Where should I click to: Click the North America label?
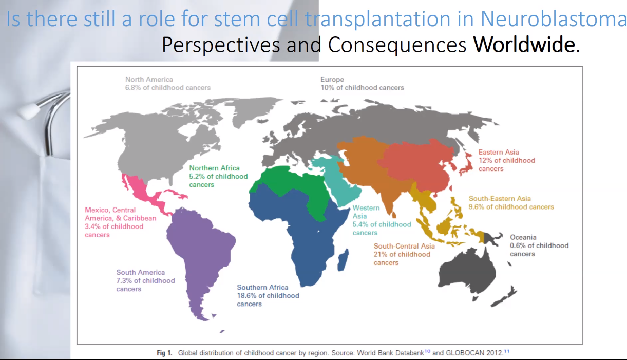pos(168,83)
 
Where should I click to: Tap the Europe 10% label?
pos(362,83)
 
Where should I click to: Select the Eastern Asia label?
pos(507,160)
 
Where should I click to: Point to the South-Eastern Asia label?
pos(511,203)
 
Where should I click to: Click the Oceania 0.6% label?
pos(539,245)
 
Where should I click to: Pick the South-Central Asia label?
pos(404,254)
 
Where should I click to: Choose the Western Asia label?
pos(382,220)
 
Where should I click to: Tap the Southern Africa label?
pos(268,295)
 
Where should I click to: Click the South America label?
pos(145,280)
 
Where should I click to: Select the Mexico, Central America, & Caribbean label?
pos(120,222)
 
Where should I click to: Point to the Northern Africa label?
pos(218,176)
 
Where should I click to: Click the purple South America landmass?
pos(200,252)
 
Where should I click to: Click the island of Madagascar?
pos(343,259)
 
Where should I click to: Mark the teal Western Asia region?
pos(336,179)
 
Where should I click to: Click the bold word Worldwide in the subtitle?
pos(524,45)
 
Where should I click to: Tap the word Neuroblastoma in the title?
pos(554,19)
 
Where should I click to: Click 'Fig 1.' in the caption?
pos(164,353)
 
